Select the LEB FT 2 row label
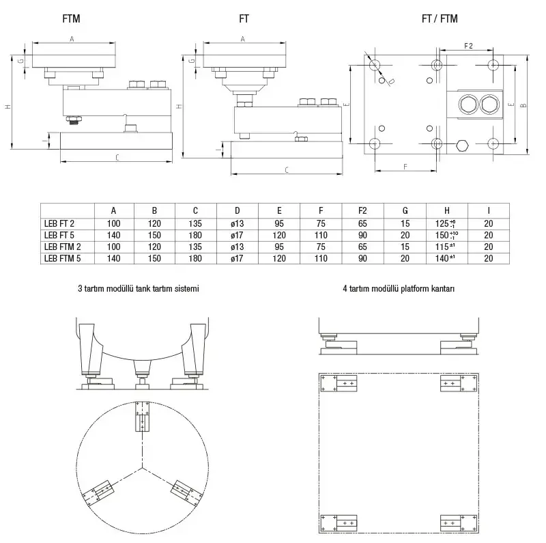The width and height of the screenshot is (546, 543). coord(59,223)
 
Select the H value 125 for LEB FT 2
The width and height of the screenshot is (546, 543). coord(446,223)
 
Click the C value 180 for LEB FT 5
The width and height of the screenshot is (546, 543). coord(195,234)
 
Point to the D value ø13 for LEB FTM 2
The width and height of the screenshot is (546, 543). coord(237,246)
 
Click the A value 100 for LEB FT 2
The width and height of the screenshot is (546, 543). coord(113,223)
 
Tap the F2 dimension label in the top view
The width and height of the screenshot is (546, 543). coord(468,46)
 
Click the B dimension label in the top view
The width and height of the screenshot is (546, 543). coord(522,106)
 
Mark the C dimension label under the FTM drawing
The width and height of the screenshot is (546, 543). coord(117,158)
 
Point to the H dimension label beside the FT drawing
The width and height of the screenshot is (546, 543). coord(178,107)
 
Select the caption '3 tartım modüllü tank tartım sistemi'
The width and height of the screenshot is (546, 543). coord(139,289)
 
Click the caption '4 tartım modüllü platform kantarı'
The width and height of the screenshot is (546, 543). coord(399,289)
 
